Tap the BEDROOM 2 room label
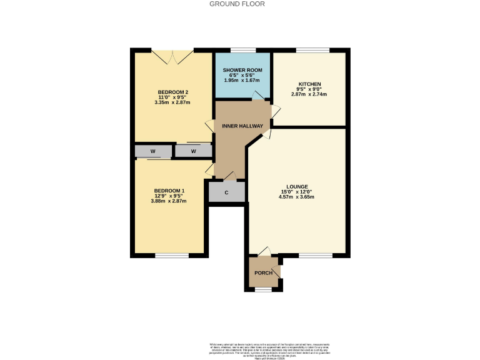click(x=172, y=92)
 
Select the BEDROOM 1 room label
click(x=169, y=190)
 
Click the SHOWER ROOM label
click(x=243, y=69)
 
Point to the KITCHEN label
click(x=309, y=84)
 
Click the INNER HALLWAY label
click(x=242, y=126)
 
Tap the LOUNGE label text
click(x=296, y=186)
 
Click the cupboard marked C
click(x=226, y=192)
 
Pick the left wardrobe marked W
click(x=153, y=151)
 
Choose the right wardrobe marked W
click(x=193, y=151)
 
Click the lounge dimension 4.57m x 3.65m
click(x=296, y=197)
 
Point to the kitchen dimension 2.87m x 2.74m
click(x=309, y=94)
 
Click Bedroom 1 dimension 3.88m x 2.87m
click(x=169, y=201)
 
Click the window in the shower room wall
click(x=243, y=49)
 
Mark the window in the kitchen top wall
click(x=308, y=49)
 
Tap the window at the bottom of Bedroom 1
click(x=171, y=255)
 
